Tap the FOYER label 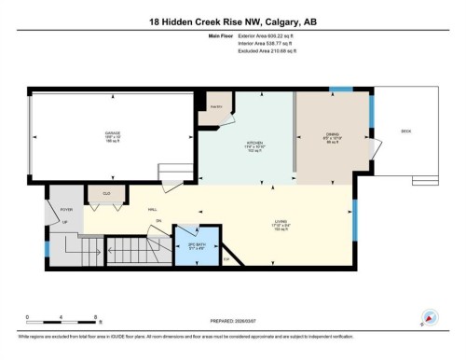tap(66, 210)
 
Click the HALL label tap(152, 210)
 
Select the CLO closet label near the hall tap(107, 193)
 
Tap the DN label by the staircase tap(159, 220)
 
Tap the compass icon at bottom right tap(429, 317)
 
